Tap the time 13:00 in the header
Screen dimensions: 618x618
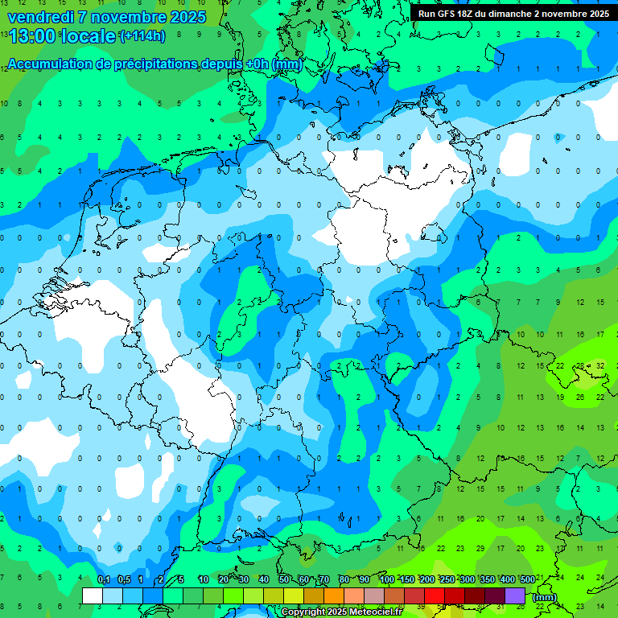(x=31, y=35)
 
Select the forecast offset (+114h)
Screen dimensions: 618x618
(x=142, y=36)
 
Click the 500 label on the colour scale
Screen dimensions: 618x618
(x=527, y=579)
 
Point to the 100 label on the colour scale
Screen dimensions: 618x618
(x=387, y=579)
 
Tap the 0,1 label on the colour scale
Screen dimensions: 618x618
(x=104, y=579)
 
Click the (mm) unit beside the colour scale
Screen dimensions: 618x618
(x=545, y=597)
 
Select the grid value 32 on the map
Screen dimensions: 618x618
(x=600, y=365)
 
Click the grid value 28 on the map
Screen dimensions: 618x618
(x=580, y=365)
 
